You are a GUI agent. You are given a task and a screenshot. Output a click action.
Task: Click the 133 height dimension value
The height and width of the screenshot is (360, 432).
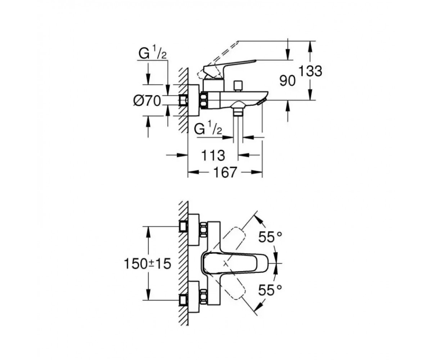[311, 71]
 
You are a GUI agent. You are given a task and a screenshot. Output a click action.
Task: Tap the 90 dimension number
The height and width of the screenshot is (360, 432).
[287, 81]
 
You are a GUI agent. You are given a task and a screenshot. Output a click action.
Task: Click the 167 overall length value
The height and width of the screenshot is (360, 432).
[225, 172]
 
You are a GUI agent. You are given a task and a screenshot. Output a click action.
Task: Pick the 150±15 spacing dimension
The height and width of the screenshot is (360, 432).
[148, 264]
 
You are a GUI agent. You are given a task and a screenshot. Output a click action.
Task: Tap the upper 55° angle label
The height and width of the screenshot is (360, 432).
[270, 237]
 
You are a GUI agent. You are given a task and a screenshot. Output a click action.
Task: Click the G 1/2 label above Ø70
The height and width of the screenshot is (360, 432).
[152, 54]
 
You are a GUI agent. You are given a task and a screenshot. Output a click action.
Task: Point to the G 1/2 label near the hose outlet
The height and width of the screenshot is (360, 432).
[208, 130]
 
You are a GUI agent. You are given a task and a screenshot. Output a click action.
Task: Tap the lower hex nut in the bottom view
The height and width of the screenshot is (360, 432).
[204, 297]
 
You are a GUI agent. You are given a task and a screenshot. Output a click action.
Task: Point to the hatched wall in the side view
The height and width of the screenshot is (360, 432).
[184, 100]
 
